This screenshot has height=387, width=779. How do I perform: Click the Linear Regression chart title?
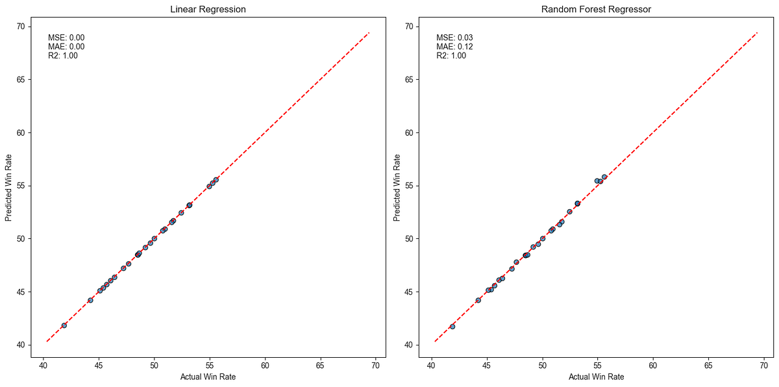pyautogui.click(x=208, y=10)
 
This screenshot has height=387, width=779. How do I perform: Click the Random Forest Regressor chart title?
pyautogui.click(x=596, y=10)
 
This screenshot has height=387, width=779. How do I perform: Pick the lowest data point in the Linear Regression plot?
pyautogui.click(x=64, y=325)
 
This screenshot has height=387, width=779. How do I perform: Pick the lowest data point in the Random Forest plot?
pyautogui.click(x=452, y=327)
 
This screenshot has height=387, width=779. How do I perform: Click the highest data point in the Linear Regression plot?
pyautogui.click(x=216, y=180)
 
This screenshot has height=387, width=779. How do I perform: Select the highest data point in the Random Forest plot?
pyautogui.click(x=604, y=177)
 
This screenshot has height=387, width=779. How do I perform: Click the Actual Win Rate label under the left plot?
pyautogui.click(x=208, y=377)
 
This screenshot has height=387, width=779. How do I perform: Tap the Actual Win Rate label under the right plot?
pyautogui.click(x=596, y=377)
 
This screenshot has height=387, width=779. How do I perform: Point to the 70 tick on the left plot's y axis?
pyautogui.click(x=21, y=27)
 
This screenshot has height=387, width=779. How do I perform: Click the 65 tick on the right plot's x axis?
pyautogui.click(x=708, y=366)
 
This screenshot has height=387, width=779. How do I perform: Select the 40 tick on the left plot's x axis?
pyautogui.click(x=43, y=366)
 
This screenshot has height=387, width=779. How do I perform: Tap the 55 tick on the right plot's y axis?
pyautogui.click(x=409, y=186)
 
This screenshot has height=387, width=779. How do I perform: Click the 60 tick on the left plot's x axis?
pyautogui.click(x=265, y=366)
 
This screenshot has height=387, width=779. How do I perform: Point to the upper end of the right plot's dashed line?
pyautogui.click(x=758, y=32)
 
